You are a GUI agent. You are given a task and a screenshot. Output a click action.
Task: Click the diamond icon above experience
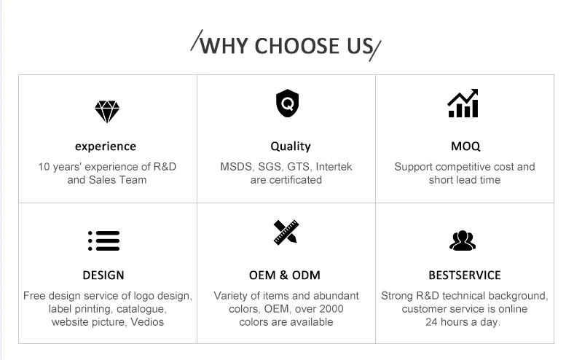tap(106, 111)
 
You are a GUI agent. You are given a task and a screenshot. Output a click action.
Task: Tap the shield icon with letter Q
tap(287, 104)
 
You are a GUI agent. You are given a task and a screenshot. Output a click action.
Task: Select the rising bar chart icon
tap(463, 104)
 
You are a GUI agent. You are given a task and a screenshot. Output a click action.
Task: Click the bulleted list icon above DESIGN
tap(103, 240)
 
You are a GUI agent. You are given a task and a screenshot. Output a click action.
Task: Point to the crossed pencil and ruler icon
tap(286, 232)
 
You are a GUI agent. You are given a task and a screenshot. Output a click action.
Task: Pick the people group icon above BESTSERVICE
tap(463, 240)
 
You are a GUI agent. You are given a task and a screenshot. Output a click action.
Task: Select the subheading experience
tap(106, 146)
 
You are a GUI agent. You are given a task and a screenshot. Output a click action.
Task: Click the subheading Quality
tap(291, 146)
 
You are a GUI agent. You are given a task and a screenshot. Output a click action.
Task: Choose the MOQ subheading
tap(465, 146)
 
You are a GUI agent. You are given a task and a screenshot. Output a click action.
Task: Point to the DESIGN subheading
tap(103, 275)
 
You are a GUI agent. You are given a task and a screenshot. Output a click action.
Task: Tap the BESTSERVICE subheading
tap(465, 275)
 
